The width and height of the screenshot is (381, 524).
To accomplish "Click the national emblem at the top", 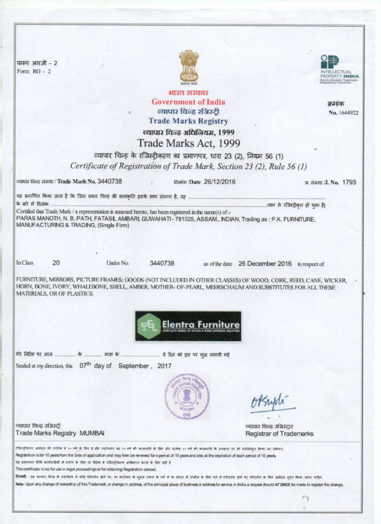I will (188, 67).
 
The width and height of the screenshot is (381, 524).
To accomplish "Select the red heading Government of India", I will (188, 102).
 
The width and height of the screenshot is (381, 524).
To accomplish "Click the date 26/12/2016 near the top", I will (221, 182).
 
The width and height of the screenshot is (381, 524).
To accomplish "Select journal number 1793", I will (349, 182).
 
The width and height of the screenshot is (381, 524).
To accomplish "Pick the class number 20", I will (56, 263).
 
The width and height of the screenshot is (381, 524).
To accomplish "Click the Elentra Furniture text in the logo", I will (200, 325).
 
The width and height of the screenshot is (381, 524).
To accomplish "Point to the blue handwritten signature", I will (272, 402).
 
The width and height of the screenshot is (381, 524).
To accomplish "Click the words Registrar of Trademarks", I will (279, 434).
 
